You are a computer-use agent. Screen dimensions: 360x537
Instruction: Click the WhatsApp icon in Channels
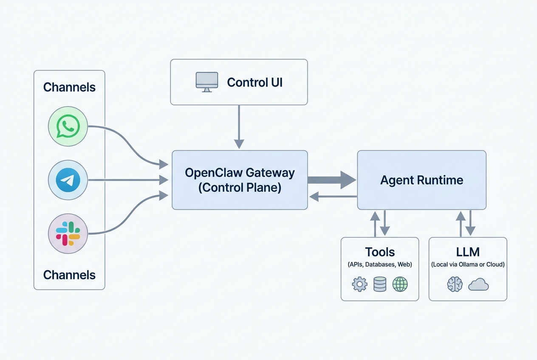coord(68,127)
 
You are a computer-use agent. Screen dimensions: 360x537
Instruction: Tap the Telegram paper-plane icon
coord(68,180)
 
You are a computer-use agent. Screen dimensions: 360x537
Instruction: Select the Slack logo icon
coord(68,233)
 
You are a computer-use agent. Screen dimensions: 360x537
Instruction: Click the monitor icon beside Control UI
coord(207,82)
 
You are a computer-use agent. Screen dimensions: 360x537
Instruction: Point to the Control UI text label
coord(254,82)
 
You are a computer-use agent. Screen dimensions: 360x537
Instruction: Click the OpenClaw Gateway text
coord(240,173)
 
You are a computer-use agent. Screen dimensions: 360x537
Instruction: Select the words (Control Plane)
coord(240,188)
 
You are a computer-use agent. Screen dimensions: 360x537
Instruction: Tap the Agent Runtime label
coord(421,180)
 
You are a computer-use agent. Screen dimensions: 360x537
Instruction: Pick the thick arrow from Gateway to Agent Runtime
coord(331,180)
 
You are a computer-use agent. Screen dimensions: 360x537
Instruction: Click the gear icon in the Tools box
coord(360,284)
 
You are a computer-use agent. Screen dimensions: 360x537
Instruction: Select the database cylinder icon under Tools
coord(380,284)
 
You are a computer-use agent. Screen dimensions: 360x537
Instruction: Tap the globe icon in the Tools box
coord(400,284)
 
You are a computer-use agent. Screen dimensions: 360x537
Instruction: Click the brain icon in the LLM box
coord(455,284)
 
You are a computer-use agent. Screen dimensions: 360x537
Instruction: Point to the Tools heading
coord(380,252)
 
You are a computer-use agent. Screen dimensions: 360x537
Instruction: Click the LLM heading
coord(468,252)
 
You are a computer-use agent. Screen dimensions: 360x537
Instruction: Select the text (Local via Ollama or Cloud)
coord(468,264)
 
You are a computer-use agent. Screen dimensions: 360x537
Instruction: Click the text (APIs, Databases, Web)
coord(380,264)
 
